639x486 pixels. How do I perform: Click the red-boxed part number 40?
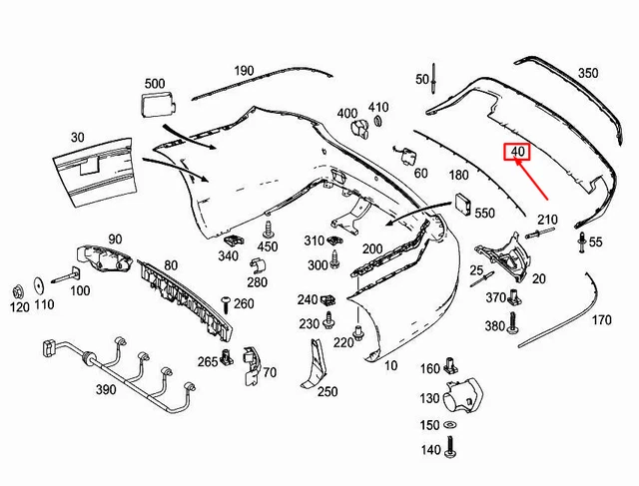(x=517, y=152)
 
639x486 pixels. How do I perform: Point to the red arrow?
(x=530, y=180)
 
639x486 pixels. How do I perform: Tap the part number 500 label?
(x=155, y=84)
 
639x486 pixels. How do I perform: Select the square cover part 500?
(x=158, y=105)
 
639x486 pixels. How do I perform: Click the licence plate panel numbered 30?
(x=95, y=172)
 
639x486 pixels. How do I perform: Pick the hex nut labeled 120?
(x=18, y=291)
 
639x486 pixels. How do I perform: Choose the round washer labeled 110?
(x=39, y=286)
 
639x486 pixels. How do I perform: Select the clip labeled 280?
(x=258, y=265)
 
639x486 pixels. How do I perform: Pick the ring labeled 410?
(x=378, y=121)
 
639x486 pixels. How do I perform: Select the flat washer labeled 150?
(x=450, y=425)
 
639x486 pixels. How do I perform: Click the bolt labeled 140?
(x=450, y=446)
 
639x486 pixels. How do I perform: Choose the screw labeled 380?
(x=512, y=323)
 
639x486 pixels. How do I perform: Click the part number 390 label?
(x=106, y=389)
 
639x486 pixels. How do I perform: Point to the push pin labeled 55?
(x=581, y=242)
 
